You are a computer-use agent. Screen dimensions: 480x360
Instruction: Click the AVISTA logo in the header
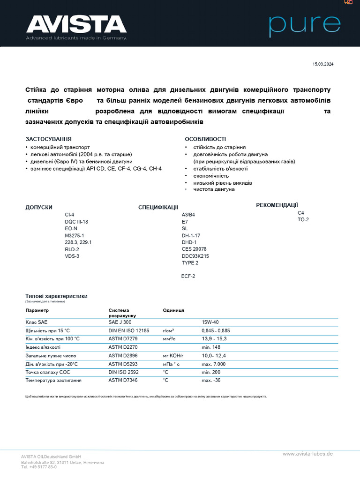(x=76, y=24)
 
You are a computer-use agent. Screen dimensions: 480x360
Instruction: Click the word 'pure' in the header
(x=304, y=26)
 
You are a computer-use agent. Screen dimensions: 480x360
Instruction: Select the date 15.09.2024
(x=323, y=64)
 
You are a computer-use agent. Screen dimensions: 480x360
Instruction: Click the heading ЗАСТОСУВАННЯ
(x=48, y=139)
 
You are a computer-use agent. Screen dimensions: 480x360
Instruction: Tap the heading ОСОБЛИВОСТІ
(x=205, y=139)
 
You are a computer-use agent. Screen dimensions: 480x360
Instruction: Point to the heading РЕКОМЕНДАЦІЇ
(x=277, y=205)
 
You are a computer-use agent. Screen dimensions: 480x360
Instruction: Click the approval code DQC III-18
(x=76, y=222)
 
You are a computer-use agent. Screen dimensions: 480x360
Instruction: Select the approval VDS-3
(x=72, y=256)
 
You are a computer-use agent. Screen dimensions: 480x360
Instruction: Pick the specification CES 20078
(x=194, y=249)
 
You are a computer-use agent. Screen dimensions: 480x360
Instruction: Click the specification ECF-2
(x=188, y=276)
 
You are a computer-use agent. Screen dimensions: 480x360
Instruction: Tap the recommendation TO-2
(x=303, y=219)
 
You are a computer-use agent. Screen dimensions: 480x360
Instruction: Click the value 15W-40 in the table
(x=210, y=322)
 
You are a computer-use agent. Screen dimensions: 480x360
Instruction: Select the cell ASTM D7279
(x=123, y=338)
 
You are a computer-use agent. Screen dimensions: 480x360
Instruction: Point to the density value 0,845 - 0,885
(x=216, y=330)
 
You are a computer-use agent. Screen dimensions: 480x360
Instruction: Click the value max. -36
(x=211, y=380)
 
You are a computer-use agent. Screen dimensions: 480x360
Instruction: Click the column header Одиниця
(x=173, y=310)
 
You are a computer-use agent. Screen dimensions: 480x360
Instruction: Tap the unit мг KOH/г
(x=174, y=355)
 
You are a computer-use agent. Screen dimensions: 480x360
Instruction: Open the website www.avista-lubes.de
(x=307, y=454)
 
